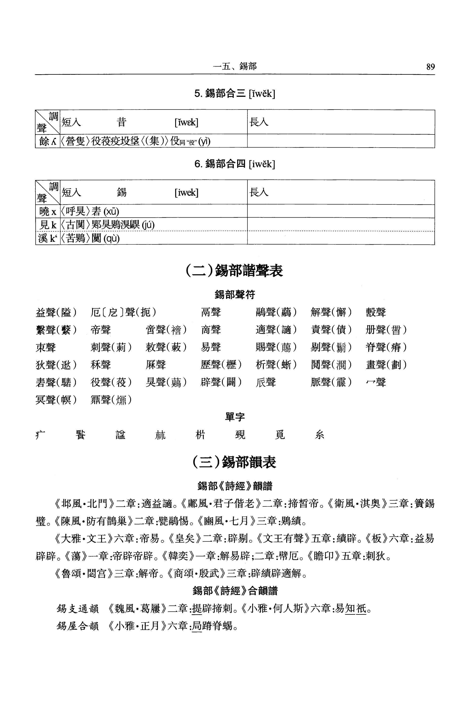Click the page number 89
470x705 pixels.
click(430, 67)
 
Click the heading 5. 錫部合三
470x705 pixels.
click(234, 94)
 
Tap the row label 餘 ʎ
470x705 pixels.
click(48, 141)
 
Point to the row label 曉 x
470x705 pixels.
click(48, 212)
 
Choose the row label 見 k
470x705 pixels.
click(48, 225)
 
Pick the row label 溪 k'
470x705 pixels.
click(48, 238)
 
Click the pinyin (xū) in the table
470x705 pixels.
click(111, 212)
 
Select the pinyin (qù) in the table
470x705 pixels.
click(111, 239)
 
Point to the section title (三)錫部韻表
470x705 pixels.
click(234, 462)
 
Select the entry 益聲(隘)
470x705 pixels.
click(56, 312)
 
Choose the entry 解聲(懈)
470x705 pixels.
click(331, 312)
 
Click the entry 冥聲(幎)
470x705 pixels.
click(56, 399)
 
